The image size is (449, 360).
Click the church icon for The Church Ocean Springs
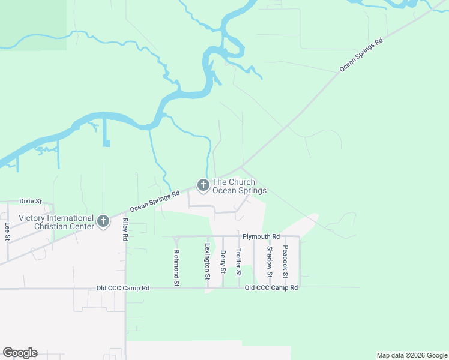click(x=203, y=186)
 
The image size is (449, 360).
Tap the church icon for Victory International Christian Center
click(x=103, y=222)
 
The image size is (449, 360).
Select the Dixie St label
click(x=30, y=201)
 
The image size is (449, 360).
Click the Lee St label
click(x=8, y=232)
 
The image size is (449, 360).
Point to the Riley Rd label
click(x=125, y=229)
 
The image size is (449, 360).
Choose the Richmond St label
click(x=176, y=267)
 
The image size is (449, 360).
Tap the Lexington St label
click(x=207, y=262)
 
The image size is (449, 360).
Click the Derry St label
click(x=223, y=262)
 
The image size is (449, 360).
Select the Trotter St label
click(x=238, y=262)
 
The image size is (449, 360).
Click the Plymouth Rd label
click(x=261, y=236)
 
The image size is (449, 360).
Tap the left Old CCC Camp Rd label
click(x=123, y=289)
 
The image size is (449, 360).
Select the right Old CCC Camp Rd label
click(x=271, y=288)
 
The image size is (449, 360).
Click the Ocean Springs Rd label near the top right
click(x=361, y=56)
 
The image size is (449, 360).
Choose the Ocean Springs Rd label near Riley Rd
click(x=155, y=201)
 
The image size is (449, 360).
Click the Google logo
click(x=20, y=353)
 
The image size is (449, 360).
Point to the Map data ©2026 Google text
click(x=411, y=355)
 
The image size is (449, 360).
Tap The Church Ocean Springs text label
click(x=240, y=186)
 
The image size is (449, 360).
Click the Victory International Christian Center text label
click(x=56, y=222)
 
